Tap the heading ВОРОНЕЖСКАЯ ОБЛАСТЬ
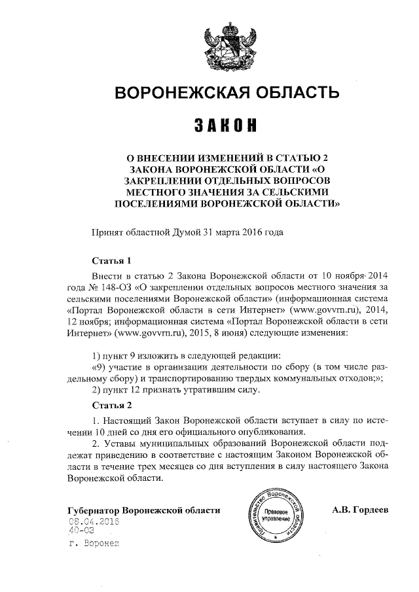(228, 93)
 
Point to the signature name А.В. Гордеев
(360, 509)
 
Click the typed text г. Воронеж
(94, 543)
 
